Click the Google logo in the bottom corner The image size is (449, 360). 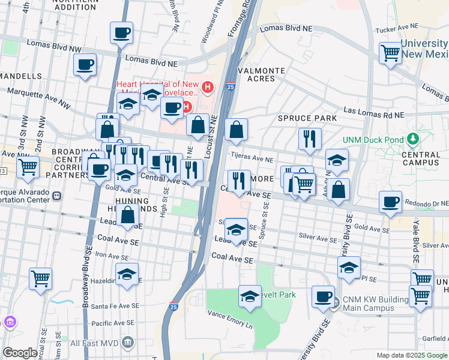click(x=20, y=353)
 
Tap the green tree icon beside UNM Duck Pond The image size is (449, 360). click(x=412, y=140)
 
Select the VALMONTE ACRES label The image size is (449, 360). click(x=262, y=74)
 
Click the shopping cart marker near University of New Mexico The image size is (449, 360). click(x=391, y=53)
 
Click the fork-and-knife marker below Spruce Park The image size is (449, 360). click(x=310, y=139)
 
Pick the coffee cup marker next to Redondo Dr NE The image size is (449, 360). click(x=391, y=202)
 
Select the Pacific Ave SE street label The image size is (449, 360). click(x=114, y=323)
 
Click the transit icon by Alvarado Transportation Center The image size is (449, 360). click(x=58, y=196)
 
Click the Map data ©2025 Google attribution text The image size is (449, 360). click(x=411, y=355)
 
